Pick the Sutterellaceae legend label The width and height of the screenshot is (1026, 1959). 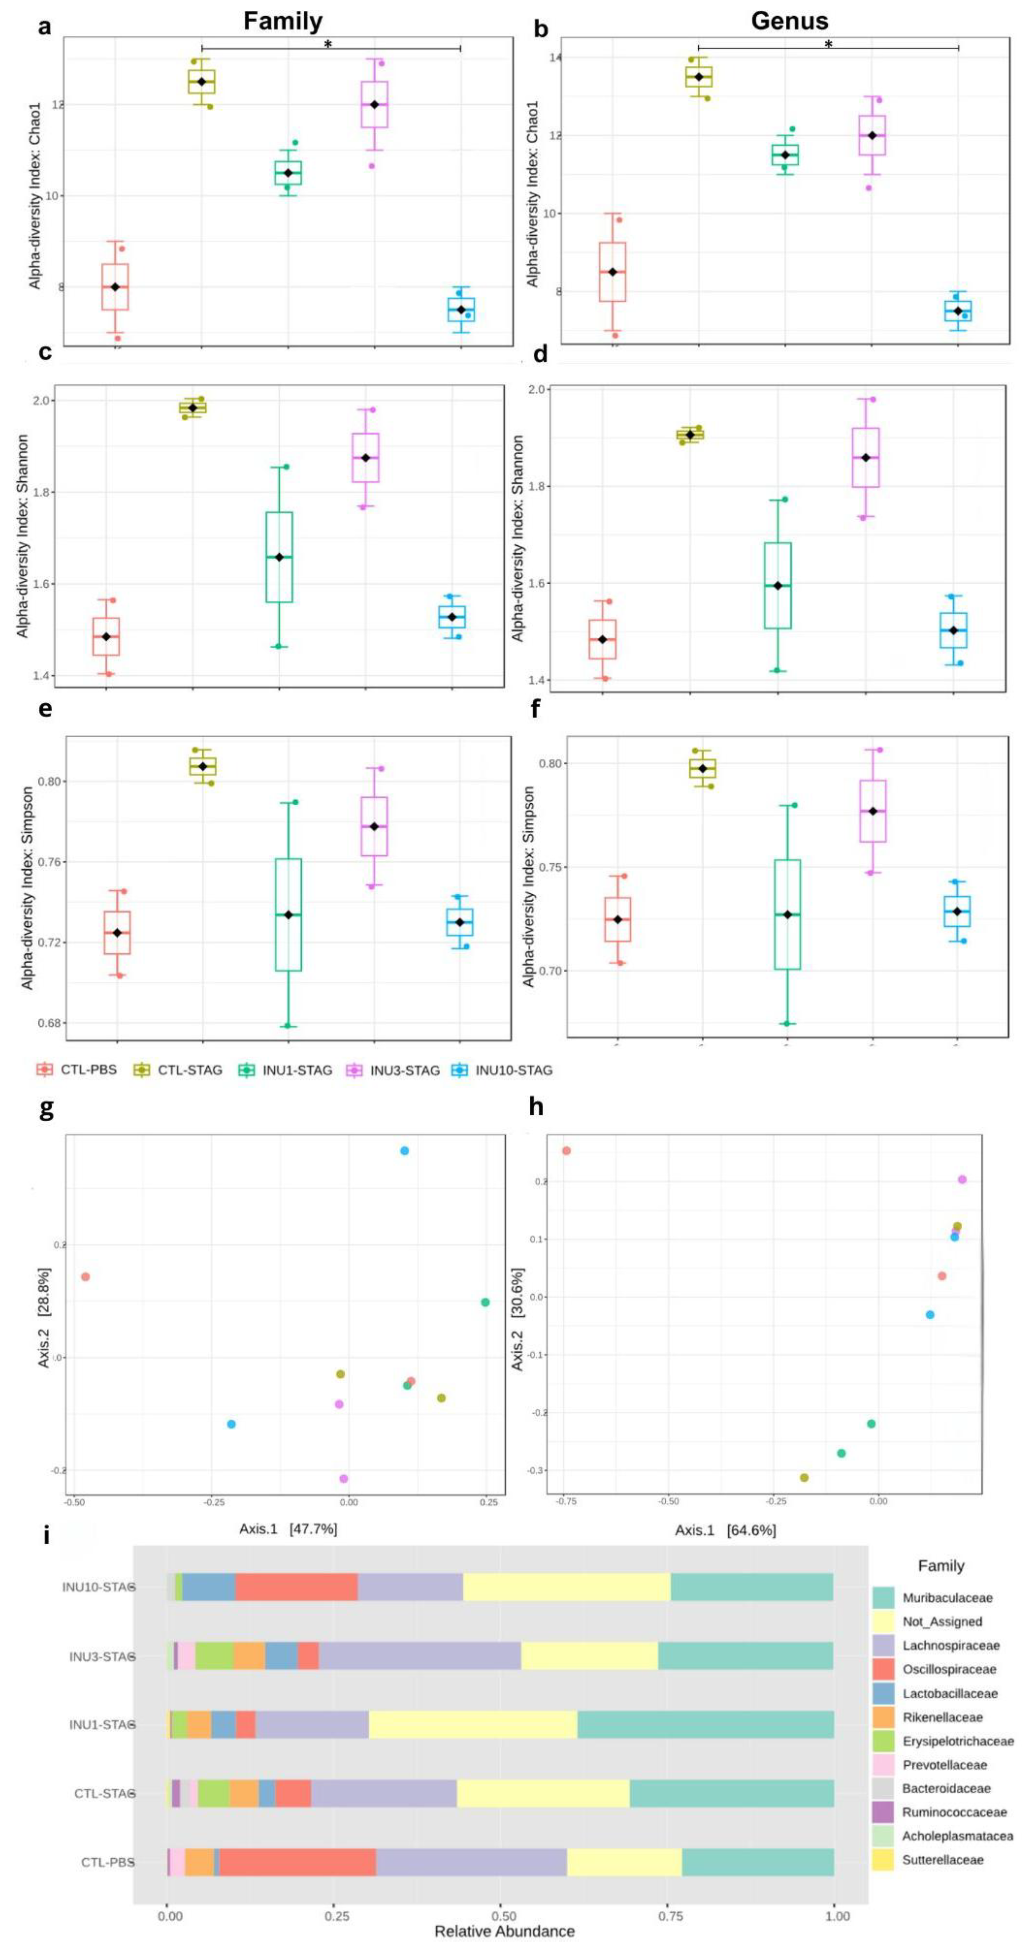(942, 1859)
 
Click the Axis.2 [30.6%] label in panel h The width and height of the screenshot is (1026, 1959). (518, 1319)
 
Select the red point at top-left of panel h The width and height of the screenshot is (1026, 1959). (566, 1151)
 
